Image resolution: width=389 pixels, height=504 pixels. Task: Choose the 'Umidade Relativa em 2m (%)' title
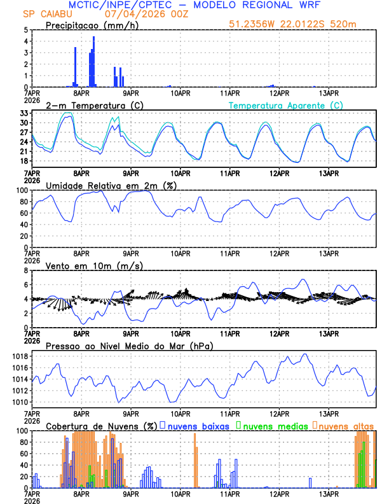[x=111, y=185]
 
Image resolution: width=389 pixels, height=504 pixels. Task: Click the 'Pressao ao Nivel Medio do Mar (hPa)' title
[x=129, y=346]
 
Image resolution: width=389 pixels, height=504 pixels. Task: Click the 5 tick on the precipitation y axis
[x=25, y=30]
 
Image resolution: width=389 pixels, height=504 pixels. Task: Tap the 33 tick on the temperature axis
[x=23, y=113]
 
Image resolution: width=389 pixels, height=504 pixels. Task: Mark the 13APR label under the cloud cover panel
[x=329, y=494]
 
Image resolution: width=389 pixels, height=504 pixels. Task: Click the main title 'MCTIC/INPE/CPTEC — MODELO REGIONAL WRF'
[x=194, y=5]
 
